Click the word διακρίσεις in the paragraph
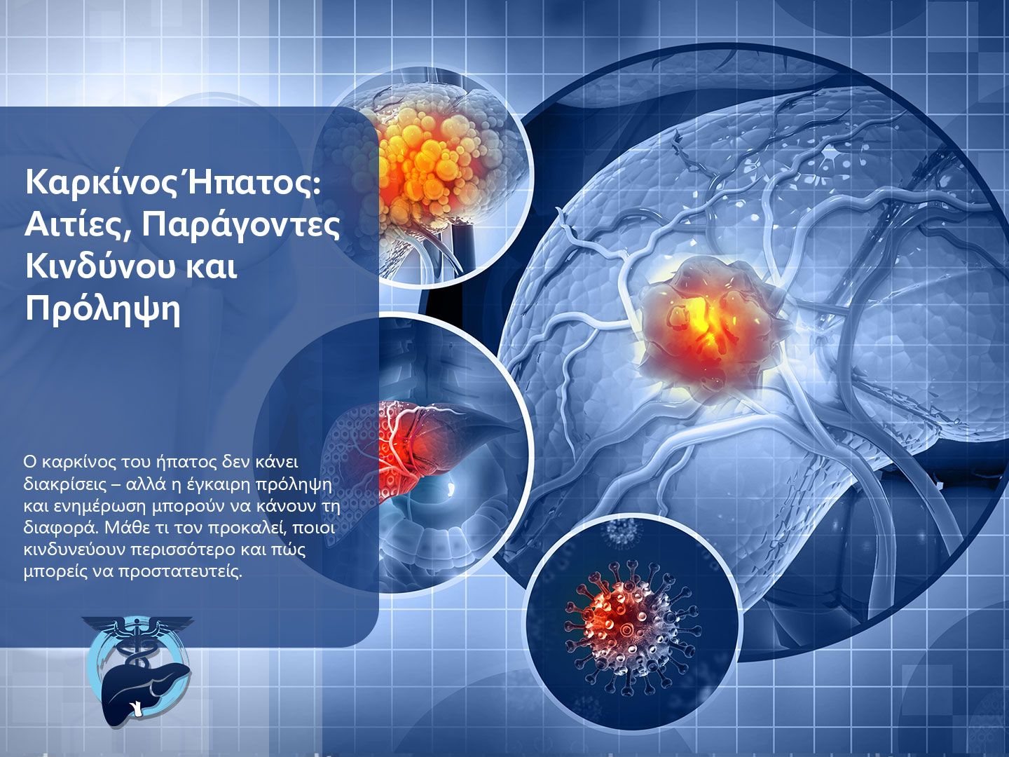coord(64,484)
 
